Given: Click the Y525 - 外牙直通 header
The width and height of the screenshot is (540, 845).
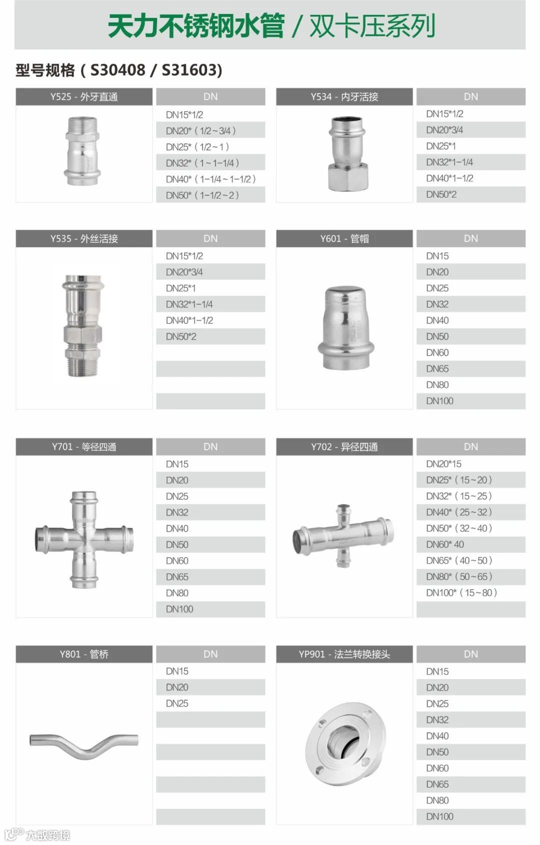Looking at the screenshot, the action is (83, 97).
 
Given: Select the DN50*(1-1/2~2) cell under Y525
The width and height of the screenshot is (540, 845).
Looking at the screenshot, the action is (210, 195).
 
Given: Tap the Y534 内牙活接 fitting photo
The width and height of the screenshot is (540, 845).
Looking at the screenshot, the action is (348, 154).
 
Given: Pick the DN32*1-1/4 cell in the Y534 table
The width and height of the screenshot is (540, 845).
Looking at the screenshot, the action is (470, 162).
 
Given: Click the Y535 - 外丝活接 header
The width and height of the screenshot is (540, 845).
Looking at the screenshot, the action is (83, 239).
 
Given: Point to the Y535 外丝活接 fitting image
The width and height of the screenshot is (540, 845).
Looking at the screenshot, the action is (82, 326).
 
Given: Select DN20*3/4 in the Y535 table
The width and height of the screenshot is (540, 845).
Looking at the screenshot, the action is (210, 272).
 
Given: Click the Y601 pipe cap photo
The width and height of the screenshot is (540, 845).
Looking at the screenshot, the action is (346, 327).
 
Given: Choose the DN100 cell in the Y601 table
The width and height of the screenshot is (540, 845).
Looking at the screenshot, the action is (470, 401).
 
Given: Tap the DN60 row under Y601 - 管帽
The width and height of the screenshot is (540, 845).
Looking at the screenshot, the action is (470, 353).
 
